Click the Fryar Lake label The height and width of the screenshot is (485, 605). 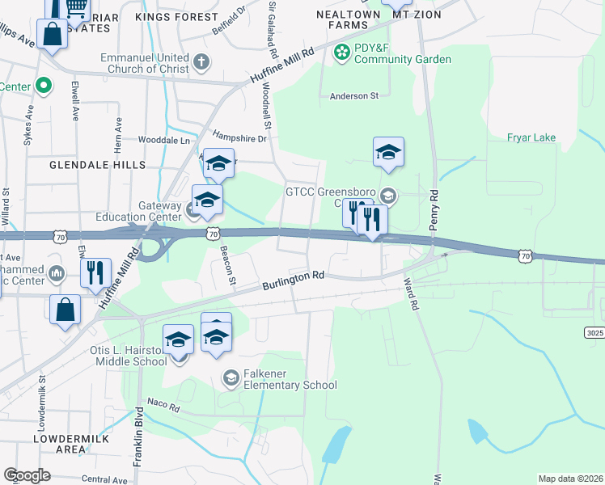[x=531, y=137]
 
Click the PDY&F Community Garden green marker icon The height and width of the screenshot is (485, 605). [x=342, y=53]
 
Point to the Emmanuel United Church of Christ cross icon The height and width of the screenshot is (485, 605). [x=201, y=61]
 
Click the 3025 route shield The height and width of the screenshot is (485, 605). [x=594, y=332]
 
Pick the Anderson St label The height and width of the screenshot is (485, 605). [x=353, y=95]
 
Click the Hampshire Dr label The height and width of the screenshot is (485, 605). [x=239, y=138]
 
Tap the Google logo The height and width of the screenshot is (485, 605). [x=27, y=474]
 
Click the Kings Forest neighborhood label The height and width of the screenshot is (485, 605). [x=176, y=16]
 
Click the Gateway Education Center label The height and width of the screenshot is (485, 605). [x=139, y=211]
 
